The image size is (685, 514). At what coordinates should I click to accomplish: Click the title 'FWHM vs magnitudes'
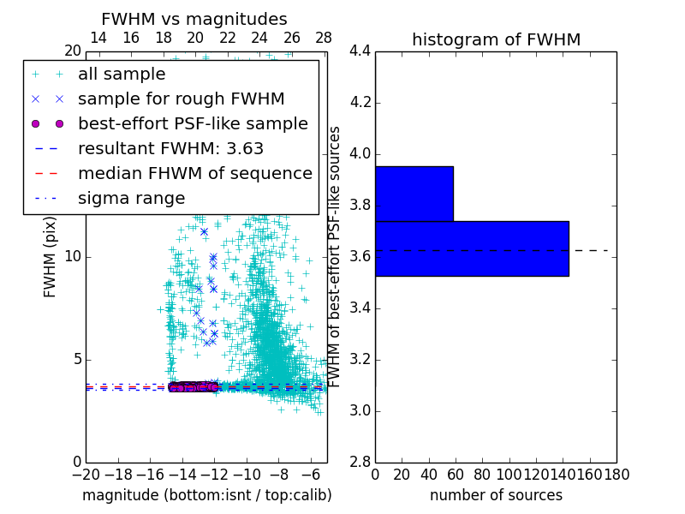[x=194, y=19]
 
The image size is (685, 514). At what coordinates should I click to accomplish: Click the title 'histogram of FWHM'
[x=496, y=39]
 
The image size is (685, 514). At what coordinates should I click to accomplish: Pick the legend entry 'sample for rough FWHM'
[x=181, y=99]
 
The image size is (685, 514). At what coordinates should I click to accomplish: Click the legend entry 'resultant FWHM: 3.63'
[x=170, y=148]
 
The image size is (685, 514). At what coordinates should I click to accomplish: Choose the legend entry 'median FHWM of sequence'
[x=194, y=173]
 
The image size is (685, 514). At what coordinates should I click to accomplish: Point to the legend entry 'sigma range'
[x=131, y=198]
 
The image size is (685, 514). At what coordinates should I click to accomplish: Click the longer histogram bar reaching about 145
[x=472, y=248]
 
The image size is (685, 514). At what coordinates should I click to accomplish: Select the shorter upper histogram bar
[x=414, y=194]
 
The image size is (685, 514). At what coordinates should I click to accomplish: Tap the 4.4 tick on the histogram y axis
[x=360, y=51]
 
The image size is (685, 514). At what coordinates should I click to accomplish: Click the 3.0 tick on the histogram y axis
[x=360, y=411]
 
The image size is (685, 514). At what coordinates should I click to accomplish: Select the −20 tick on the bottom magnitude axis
[x=86, y=474]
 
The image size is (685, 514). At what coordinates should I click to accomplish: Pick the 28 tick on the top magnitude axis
[x=324, y=38]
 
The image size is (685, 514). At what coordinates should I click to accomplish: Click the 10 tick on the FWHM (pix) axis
[x=73, y=257]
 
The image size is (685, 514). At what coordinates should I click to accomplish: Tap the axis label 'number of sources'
[x=496, y=495]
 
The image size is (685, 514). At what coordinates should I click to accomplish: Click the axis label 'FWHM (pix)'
[x=51, y=257]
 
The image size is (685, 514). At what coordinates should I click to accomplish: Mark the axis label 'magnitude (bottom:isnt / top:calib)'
[x=206, y=495]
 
